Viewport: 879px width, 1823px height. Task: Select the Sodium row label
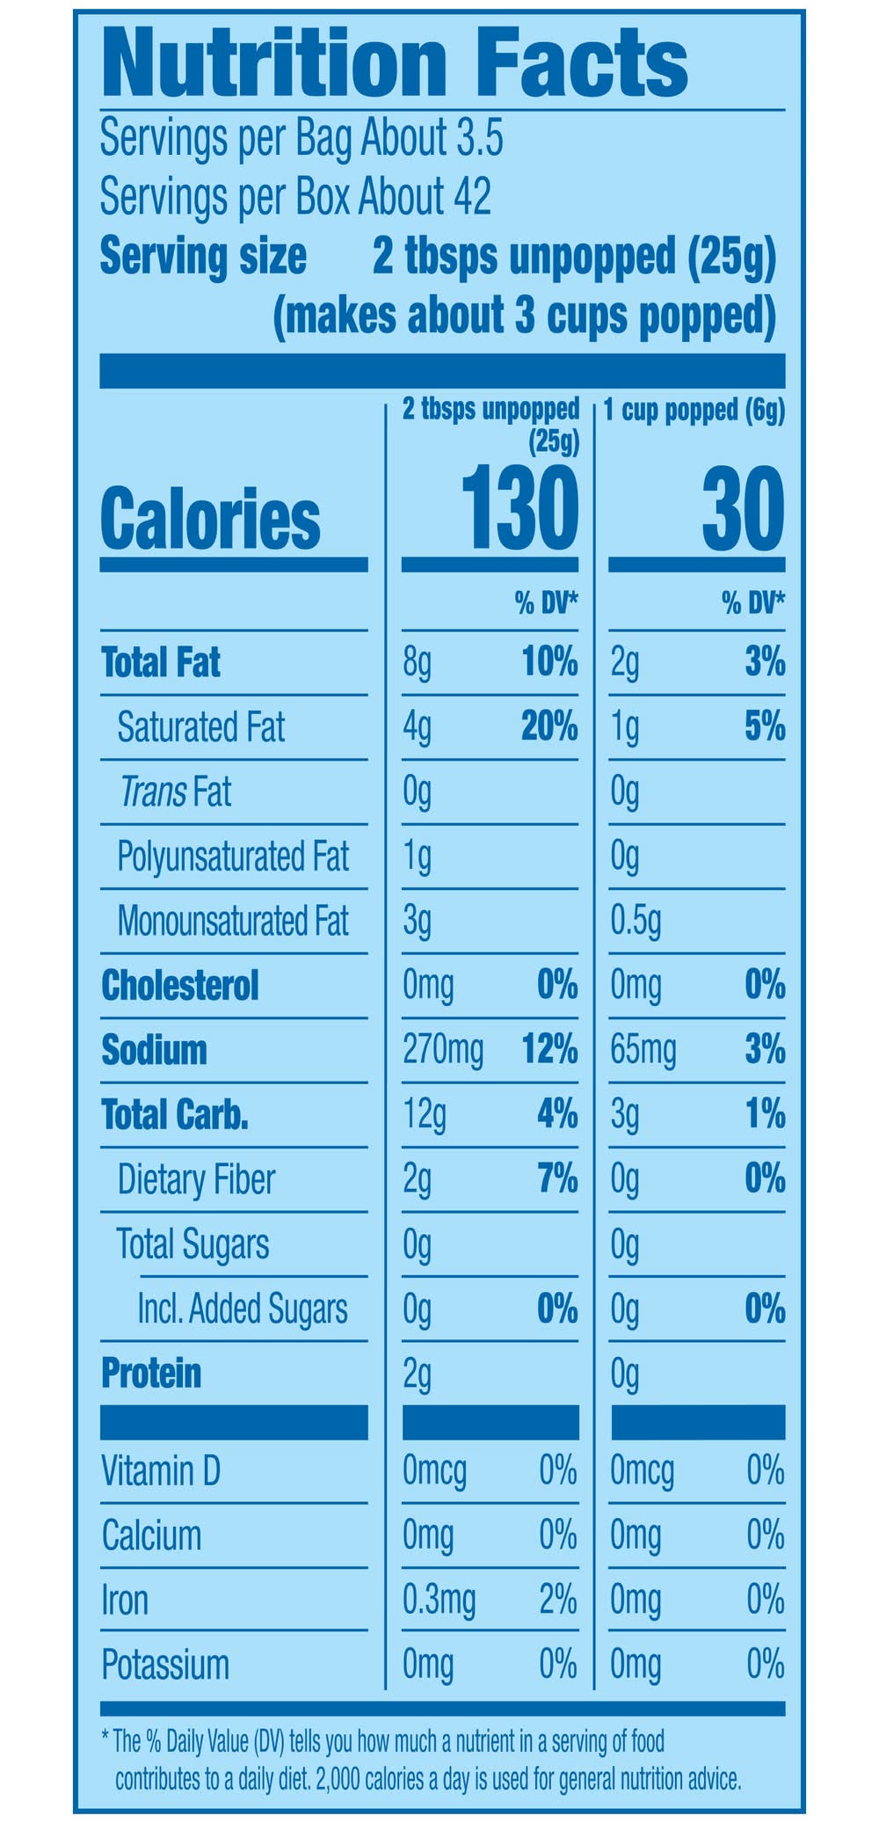pos(154,1049)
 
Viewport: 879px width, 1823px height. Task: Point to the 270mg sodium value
pos(442,1049)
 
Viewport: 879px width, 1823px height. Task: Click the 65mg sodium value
pos(643,1049)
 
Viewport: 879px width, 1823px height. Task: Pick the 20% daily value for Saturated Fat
pos(549,726)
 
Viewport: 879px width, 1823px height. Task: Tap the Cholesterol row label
pos(180,985)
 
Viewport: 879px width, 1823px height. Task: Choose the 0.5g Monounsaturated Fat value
pos(635,921)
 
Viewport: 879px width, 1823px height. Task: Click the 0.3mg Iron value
pos(439,1600)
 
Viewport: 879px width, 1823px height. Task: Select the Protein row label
pos(151,1373)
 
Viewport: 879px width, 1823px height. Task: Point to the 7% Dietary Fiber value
pos(557,1178)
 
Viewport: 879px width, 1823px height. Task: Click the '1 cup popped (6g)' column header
pos(694,411)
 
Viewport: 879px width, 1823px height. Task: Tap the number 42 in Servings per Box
pos(471,196)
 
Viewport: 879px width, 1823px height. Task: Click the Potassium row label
pos(165,1665)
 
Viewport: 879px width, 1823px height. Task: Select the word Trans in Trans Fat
pos(152,791)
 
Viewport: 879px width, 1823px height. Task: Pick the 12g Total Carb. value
pos(425,1114)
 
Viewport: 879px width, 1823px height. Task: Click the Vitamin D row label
pos(161,1470)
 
